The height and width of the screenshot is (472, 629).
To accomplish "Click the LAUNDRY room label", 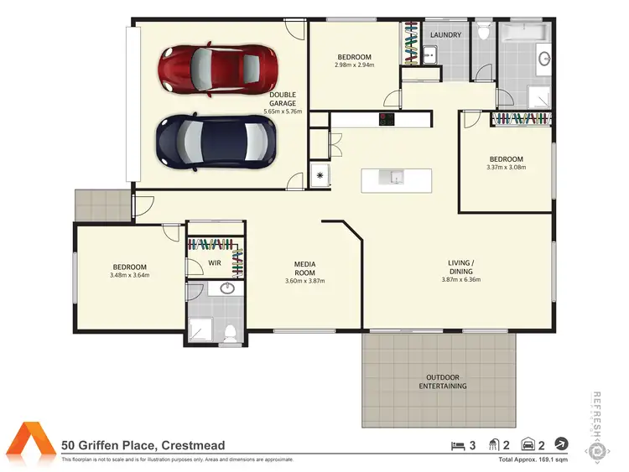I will tap(444, 35).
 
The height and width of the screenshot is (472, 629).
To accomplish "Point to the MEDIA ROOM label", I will tap(304, 268).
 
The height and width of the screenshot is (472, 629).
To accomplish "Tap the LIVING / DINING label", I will tap(460, 267).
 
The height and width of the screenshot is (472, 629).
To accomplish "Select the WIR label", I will tap(214, 262).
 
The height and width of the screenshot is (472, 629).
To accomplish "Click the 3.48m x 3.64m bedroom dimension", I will tap(130, 274).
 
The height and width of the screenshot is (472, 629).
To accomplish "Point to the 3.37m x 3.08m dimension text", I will tap(506, 166).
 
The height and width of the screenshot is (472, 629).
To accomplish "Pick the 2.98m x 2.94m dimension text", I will tap(353, 65).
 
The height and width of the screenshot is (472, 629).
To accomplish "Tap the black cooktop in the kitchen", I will tap(387, 120).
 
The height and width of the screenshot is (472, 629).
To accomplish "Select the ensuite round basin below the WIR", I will tap(226, 289).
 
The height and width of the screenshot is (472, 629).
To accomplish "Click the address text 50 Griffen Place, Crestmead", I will tap(143, 446).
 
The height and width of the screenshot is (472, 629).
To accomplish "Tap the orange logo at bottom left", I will tap(30, 444).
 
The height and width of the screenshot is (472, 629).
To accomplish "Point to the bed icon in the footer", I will tap(457, 445).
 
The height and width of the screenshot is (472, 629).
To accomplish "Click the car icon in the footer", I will tap(529, 445).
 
